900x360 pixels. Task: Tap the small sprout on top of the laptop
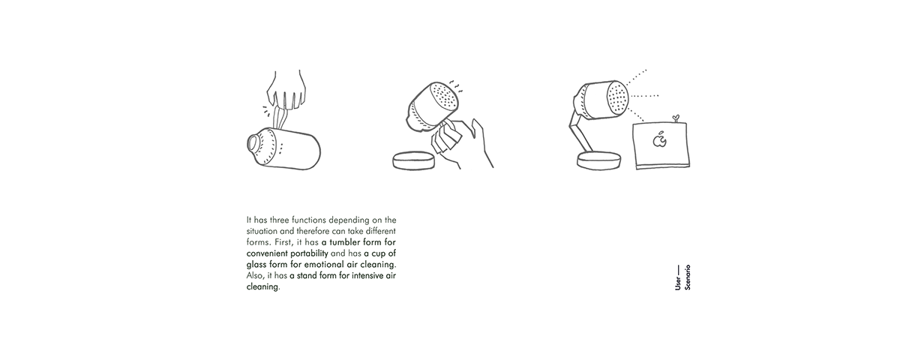[676, 118]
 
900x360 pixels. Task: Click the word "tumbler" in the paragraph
[344, 242]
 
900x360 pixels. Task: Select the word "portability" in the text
[309, 253]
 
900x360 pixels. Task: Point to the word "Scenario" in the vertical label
[688, 277]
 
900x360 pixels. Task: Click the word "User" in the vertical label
[678, 283]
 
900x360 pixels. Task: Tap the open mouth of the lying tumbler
[253, 142]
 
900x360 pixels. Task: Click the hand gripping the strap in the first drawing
[285, 91]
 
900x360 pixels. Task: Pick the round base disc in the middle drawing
[413, 160]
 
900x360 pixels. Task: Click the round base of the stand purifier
[599, 160]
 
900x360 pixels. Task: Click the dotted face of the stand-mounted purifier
[617, 97]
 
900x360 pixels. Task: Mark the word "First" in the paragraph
[284, 243]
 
